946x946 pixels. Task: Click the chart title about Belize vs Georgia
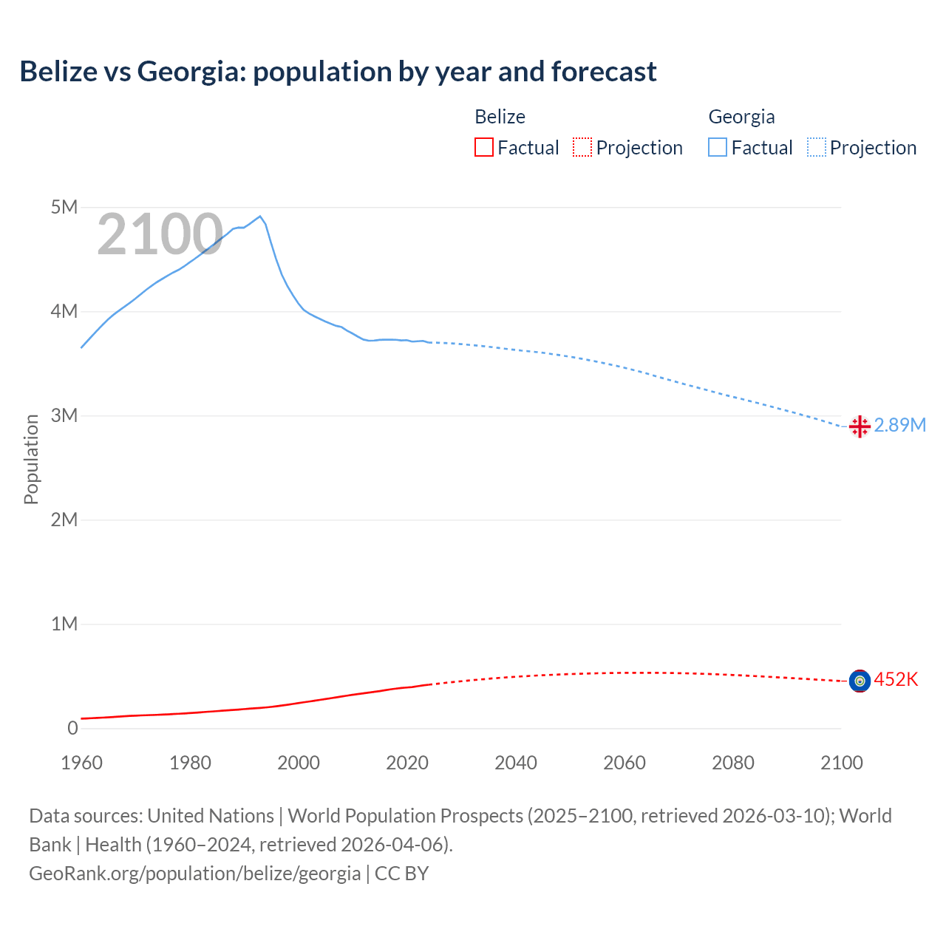point(338,72)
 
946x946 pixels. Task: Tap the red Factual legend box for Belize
point(483,148)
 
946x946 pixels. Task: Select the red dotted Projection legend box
point(582,148)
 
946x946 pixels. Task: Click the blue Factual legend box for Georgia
point(718,148)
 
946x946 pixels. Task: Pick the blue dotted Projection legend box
point(817,148)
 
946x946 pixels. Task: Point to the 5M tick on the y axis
point(64,207)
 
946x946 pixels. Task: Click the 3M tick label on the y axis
point(64,415)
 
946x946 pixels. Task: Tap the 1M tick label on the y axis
point(64,624)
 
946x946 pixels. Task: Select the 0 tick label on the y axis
point(72,728)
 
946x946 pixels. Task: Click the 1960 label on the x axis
point(81,763)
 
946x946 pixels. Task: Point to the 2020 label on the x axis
point(407,763)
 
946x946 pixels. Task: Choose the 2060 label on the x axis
point(625,763)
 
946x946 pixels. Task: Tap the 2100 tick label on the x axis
point(841,763)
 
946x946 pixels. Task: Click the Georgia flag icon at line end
point(860,426)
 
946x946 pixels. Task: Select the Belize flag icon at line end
point(860,681)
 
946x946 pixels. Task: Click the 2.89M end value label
point(899,425)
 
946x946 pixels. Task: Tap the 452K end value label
point(896,679)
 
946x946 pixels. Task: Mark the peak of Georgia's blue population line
point(259,217)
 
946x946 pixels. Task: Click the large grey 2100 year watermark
point(160,234)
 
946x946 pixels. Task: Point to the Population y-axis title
point(31,459)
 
